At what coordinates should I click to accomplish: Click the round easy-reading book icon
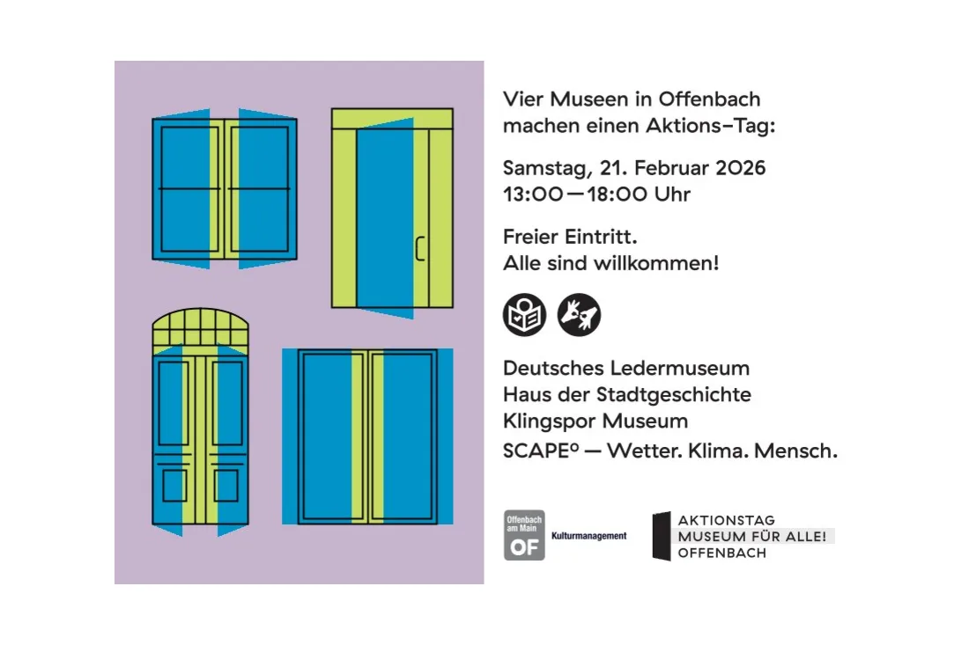coord(524,315)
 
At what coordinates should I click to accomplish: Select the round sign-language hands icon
coord(579,315)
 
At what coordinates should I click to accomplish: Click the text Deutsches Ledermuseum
coord(625,368)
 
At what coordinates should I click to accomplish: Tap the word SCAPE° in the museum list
coord(540,451)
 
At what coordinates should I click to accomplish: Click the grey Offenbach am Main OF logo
coord(523,535)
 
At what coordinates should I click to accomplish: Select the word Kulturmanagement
coord(588,536)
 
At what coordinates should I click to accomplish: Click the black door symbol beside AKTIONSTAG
coord(661,536)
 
